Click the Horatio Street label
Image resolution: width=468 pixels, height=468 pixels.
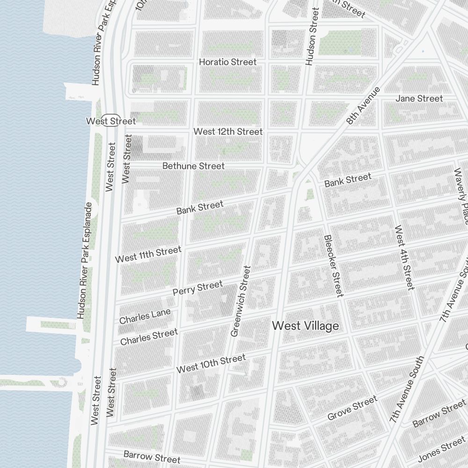[x=228, y=62]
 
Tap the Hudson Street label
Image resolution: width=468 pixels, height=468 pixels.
[x=312, y=36]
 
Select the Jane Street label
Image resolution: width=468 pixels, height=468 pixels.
[x=419, y=98]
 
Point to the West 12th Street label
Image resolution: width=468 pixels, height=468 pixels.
[x=228, y=132]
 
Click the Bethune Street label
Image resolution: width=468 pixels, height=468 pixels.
[x=193, y=166]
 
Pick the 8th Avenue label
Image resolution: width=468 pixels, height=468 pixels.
[x=364, y=105]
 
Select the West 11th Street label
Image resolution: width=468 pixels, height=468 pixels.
[x=148, y=254]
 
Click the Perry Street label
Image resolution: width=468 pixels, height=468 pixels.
[x=197, y=288]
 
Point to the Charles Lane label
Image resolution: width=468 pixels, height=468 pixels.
[x=145, y=316]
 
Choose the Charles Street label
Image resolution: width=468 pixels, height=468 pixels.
[x=149, y=336]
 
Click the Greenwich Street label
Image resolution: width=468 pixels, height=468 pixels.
[x=241, y=301]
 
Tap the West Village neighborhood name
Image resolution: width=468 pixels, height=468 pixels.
[x=305, y=326]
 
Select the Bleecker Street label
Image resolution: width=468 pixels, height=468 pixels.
[x=333, y=265]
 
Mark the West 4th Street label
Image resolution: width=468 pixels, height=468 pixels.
[x=404, y=257]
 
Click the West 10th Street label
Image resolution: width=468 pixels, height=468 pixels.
[x=211, y=364]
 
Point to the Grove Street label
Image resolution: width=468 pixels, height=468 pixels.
[x=352, y=408]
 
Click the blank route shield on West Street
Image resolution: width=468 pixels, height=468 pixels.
[x=112, y=120]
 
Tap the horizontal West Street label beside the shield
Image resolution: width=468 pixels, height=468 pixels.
[x=111, y=121]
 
